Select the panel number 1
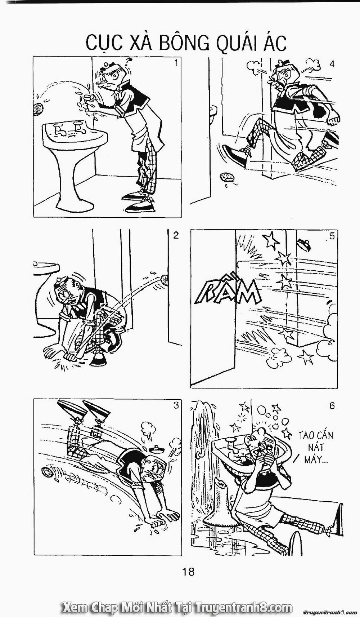(x=176, y=64)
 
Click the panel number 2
(x=176, y=236)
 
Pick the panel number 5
(x=332, y=236)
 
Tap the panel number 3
(x=176, y=405)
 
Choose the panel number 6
(x=332, y=405)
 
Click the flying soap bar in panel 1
(x=37, y=109)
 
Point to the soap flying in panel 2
(x=164, y=279)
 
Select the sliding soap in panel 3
(x=48, y=471)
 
